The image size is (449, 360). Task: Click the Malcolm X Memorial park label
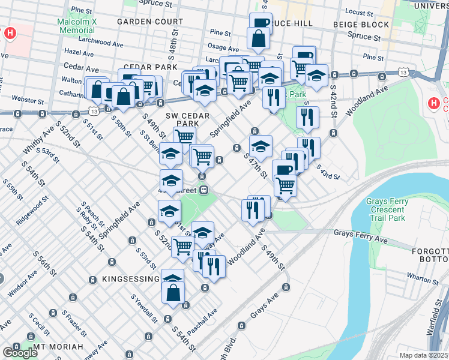[x=76, y=25]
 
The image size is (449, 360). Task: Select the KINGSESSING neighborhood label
[x=127, y=280]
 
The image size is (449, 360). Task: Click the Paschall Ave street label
[x=204, y=322]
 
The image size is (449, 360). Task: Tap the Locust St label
[x=359, y=11]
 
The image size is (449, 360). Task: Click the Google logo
[x=20, y=353]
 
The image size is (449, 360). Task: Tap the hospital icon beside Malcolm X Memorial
[x=10, y=33]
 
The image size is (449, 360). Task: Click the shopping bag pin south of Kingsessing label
[x=173, y=293]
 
